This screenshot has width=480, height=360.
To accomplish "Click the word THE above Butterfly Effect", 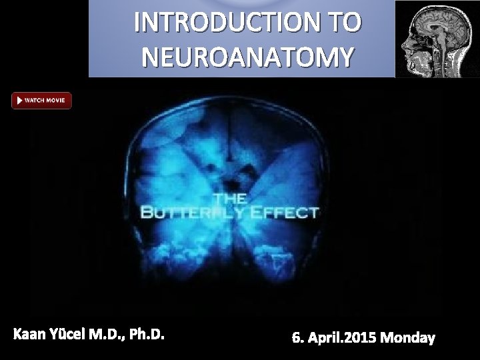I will click(229, 199).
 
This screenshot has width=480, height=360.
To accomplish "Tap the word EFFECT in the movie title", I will click(287, 213).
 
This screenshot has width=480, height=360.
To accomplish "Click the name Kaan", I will click(31, 333).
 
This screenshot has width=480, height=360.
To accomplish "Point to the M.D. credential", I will click(115, 333).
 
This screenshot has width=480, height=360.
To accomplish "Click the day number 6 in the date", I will click(295, 338).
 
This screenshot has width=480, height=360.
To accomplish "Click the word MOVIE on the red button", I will click(56, 101).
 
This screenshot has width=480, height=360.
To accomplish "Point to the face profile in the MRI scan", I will click(409, 50).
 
